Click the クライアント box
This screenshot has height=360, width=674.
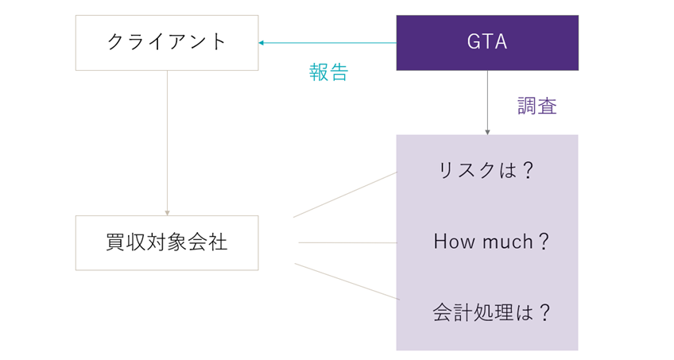coord(167,43)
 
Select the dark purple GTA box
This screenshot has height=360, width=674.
coord(487,43)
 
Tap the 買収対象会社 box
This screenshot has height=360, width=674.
coord(167,242)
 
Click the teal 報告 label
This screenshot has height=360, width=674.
coord(328,72)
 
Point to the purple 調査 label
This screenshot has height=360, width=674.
coord(536,106)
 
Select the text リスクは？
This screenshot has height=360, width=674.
coord(486,171)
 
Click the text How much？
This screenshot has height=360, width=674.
coord(491,242)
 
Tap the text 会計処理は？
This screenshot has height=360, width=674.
coord(491,312)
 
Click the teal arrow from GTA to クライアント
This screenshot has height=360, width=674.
coord(327,43)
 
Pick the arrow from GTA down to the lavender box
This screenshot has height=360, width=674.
coord(487,103)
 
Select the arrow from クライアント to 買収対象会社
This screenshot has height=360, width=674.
coord(167,143)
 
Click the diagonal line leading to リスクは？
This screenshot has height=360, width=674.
coord(345,195)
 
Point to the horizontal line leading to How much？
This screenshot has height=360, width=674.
coord(348,242)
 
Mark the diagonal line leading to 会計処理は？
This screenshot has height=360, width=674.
coord(347,281)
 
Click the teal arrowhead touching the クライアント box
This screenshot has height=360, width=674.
coord(261,43)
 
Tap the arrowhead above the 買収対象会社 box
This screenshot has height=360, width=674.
coord(167,213)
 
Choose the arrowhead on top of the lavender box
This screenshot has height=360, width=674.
coord(487,132)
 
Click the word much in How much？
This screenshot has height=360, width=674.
coord(508,242)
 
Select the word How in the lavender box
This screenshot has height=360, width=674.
coord(455,242)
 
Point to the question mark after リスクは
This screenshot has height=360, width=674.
coord(528,171)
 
